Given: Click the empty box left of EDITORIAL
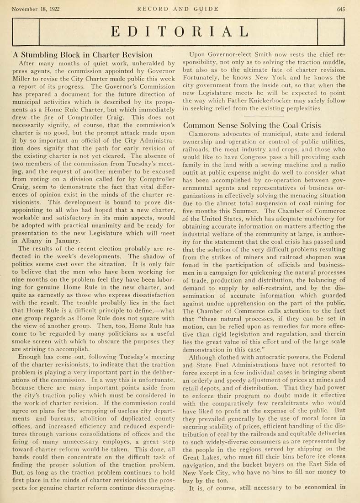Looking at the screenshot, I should (x=27, y=32).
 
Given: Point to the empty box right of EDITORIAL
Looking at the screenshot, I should (x=330, y=32).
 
